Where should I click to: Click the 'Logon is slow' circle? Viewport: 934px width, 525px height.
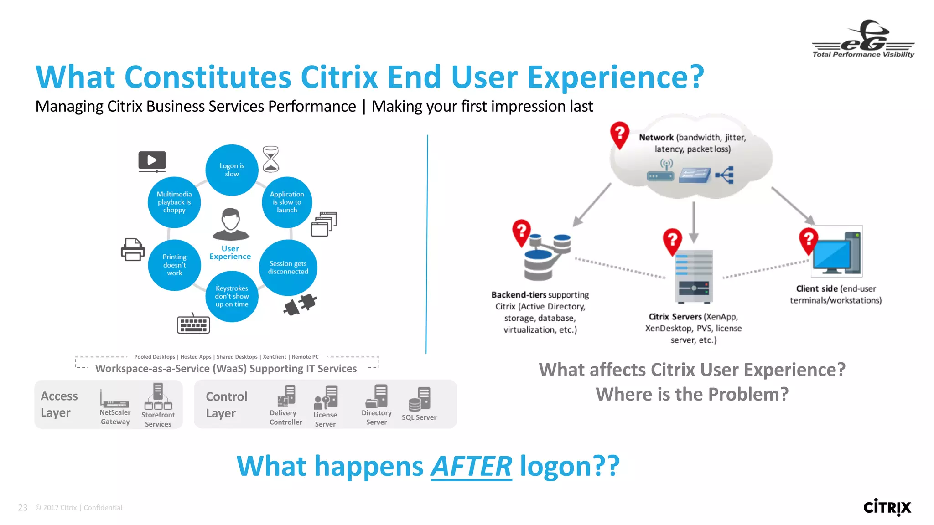coord(232,170)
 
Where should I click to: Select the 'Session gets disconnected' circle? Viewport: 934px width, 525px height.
coord(288,268)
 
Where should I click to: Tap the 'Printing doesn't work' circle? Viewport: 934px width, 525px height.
coord(174,265)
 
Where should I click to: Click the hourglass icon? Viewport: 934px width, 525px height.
coord(271,159)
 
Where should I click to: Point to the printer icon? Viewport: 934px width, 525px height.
coord(133,249)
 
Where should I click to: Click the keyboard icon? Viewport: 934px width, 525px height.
coord(193,324)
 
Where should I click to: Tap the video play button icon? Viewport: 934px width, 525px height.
coord(152,161)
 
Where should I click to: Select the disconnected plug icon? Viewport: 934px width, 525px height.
coord(300,304)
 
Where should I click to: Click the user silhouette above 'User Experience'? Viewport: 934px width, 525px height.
coord(231,224)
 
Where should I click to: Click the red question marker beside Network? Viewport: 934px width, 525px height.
coord(620,135)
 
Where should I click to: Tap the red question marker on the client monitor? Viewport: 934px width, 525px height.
coord(809,240)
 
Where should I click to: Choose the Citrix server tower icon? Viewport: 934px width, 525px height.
coord(694,276)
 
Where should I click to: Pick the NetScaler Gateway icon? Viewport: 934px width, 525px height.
coord(114,399)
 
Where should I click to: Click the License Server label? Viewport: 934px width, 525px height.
coord(325,419)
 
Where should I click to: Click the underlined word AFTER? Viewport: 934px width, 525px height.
coord(471,466)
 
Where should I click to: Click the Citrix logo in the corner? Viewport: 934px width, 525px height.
coord(887,507)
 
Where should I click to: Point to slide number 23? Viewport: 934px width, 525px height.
coord(23,508)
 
